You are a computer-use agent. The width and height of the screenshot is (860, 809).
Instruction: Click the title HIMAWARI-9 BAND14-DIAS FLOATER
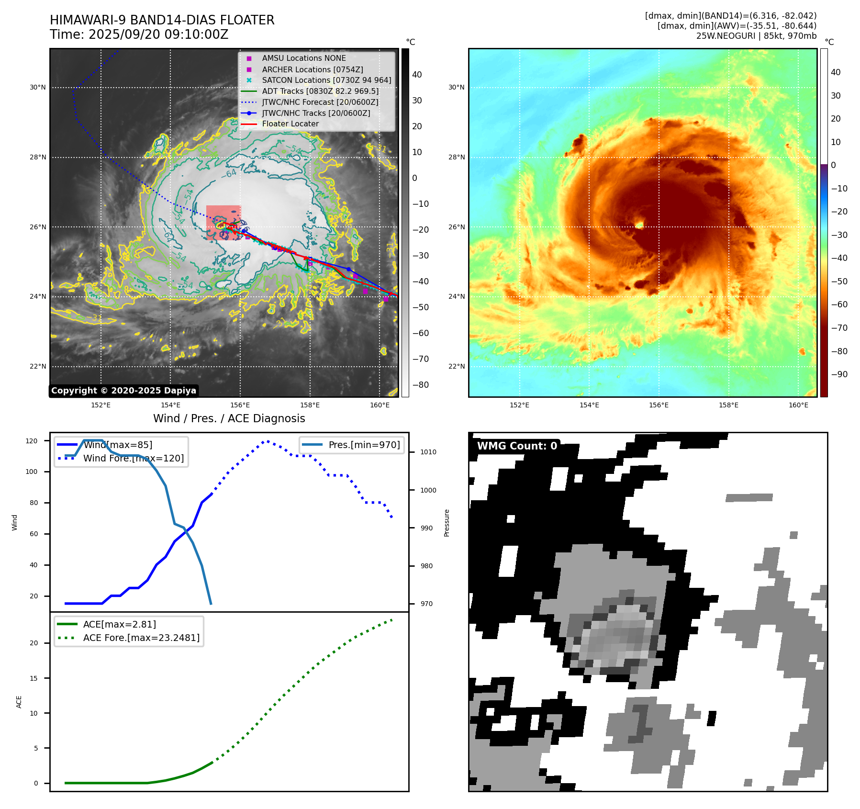tap(162, 20)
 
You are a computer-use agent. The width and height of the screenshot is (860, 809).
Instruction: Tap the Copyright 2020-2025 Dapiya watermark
tap(123, 391)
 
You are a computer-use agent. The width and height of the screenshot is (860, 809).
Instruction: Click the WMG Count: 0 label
tap(517, 446)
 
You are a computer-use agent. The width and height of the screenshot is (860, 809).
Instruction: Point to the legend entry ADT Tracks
tap(320, 91)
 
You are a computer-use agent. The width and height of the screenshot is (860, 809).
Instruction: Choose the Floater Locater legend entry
tap(290, 124)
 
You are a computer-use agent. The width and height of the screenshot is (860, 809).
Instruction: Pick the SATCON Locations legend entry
tap(326, 80)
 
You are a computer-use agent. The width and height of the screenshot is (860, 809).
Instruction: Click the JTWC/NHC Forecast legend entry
tap(320, 102)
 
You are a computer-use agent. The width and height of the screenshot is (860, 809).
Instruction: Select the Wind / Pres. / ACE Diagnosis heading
tap(229, 418)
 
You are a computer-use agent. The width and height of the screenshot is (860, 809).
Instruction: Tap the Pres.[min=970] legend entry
tap(364, 445)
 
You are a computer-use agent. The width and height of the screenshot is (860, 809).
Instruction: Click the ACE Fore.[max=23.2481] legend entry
tap(141, 638)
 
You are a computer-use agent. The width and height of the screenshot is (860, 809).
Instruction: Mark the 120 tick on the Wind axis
tap(32, 441)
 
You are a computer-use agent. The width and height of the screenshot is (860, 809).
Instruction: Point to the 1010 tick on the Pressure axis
tap(428, 452)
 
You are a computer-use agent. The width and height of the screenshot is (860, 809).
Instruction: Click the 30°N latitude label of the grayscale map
tap(38, 88)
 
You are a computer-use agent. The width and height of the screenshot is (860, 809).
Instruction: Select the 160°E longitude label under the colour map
tap(798, 405)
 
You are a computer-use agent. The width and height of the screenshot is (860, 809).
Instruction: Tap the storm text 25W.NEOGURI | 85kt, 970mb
tap(756, 36)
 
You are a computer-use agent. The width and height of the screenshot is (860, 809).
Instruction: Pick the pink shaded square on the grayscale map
tap(223, 222)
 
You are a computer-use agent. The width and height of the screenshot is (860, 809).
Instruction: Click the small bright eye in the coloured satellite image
tap(639, 224)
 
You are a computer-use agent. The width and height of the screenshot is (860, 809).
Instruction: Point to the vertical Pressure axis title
tap(447, 523)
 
